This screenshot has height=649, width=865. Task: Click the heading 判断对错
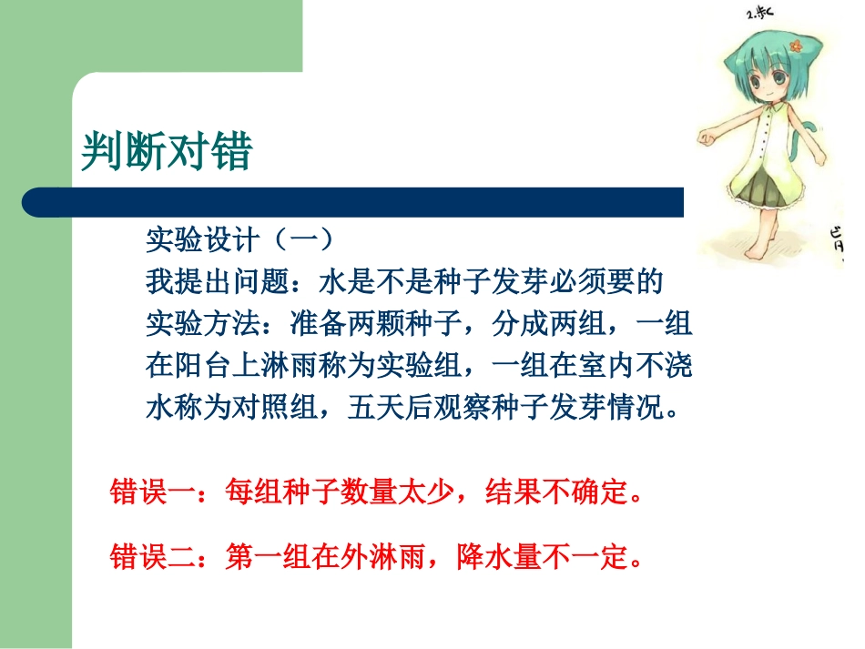point(166,151)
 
